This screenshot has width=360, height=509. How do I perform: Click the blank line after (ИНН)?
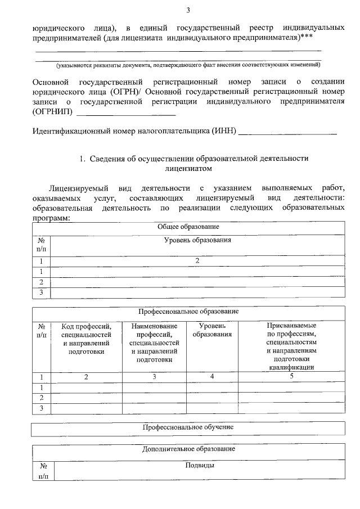[x=288, y=134]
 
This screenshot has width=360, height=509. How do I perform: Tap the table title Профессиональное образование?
[x=188, y=311]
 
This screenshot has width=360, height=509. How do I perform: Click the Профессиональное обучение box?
[x=188, y=427]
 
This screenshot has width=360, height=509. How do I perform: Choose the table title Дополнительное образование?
[x=188, y=449]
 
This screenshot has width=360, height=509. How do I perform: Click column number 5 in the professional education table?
[x=291, y=376]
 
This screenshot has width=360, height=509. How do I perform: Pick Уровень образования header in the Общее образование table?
[x=197, y=240]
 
